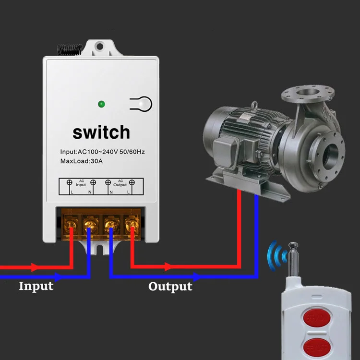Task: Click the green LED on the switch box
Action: pos(101,104)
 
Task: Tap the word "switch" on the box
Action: pos(101,132)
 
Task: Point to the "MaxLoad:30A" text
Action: pos(82,161)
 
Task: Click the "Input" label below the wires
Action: pos(36,287)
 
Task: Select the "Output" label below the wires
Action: pos(170,287)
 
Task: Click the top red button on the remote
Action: pos(317,317)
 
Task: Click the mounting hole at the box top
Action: pos(100,47)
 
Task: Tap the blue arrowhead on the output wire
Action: pos(196,277)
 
